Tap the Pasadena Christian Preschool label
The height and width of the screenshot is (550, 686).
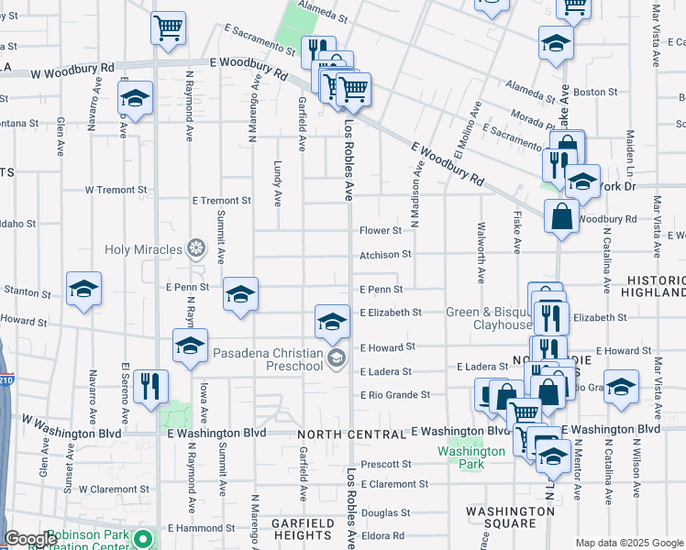click(267, 359)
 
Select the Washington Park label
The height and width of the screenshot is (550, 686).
click(471, 457)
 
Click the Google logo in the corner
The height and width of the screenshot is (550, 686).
click(31, 539)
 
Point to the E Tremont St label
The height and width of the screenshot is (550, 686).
click(221, 200)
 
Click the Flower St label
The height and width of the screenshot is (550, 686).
click(381, 231)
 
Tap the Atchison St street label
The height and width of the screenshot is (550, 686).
click(385, 254)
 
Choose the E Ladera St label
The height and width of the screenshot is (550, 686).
click(386, 371)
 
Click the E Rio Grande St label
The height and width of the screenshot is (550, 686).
click(394, 395)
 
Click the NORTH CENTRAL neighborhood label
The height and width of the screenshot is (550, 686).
click(351, 433)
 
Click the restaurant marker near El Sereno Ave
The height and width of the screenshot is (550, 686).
click(150, 386)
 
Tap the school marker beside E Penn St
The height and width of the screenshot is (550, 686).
click(240, 294)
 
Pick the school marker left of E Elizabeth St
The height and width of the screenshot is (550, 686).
click(332, 321)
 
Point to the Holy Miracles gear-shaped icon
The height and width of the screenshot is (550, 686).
click(195, 247)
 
